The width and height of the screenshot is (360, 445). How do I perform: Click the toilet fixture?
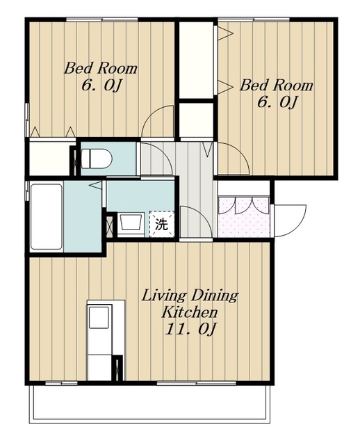coord(97,159)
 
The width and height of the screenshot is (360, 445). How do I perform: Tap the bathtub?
coord(47,217)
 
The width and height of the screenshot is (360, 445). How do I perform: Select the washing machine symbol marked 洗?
coord(161,224)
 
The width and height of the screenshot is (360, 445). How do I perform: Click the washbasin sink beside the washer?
coord(130,224)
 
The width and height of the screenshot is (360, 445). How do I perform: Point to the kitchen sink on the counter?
coord(99,317)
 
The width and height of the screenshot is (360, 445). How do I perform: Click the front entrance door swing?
coord(289,220)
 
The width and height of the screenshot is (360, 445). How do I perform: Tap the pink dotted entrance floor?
coord(244,216)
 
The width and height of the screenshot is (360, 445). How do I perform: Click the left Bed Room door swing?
coord(158,122)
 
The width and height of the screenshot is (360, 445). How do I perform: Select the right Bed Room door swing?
coord(233,158)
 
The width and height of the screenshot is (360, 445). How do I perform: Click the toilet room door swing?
coord(156,159)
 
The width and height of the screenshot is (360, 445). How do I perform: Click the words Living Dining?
coord(190,296)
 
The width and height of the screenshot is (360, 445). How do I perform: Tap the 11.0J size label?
coord(190,330)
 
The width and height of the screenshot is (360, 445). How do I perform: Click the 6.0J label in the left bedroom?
coord(101,85)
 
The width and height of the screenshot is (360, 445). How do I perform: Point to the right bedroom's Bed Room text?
coord(277,86)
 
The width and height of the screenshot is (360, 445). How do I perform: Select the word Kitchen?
coord(189,312)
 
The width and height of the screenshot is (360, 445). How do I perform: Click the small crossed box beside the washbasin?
coord(109,225)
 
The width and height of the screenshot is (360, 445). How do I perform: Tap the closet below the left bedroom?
coord(49,158)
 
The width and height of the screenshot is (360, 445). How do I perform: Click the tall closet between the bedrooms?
coord(196,60)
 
